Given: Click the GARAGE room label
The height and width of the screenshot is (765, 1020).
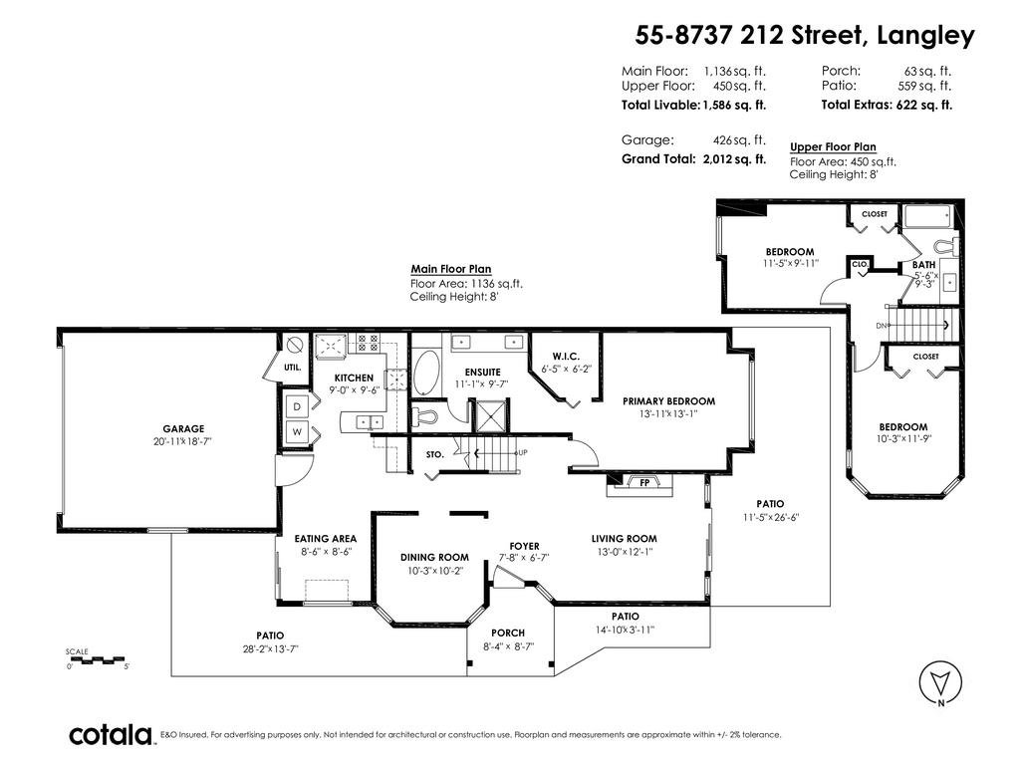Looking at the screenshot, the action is tap(183, 428).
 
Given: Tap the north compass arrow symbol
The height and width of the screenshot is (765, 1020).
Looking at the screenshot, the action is tap(940, 684).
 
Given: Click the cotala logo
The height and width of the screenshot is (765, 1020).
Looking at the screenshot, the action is tap(111, 735).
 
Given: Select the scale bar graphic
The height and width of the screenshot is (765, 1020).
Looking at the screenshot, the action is tap(98, 659).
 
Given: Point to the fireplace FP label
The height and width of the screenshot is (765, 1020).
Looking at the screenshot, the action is tap(644, 483).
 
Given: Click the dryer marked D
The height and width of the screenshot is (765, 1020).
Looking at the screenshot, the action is tap(297, 407).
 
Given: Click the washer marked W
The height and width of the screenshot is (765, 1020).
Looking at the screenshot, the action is tap(297, 432).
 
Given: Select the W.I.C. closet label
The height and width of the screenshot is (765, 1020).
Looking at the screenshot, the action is tap(566, 356).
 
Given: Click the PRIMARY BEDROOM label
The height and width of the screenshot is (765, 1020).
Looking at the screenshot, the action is tap(668, 401).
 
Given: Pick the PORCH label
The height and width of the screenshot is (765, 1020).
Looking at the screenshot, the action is tap(508, 633).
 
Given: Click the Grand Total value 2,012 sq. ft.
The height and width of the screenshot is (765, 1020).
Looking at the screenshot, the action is tap(734, 159).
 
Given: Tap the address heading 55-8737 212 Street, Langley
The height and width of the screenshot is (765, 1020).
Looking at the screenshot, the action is tap(805, 35).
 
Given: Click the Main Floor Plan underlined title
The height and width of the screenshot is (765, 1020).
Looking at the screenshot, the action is tap(451, 269).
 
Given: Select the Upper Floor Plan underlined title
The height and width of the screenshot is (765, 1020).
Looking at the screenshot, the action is tap(834, 147).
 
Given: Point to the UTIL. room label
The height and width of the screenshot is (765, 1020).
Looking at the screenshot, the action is tap(293, 367).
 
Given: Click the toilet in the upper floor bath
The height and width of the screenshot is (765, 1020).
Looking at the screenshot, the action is tap(946, 247).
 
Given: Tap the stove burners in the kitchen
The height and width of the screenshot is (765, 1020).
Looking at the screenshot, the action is tap(368, 344).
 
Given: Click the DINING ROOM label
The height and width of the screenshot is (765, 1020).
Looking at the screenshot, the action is tap(434, 558).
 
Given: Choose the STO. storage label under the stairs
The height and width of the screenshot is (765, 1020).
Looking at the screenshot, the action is tap(435, 454).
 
